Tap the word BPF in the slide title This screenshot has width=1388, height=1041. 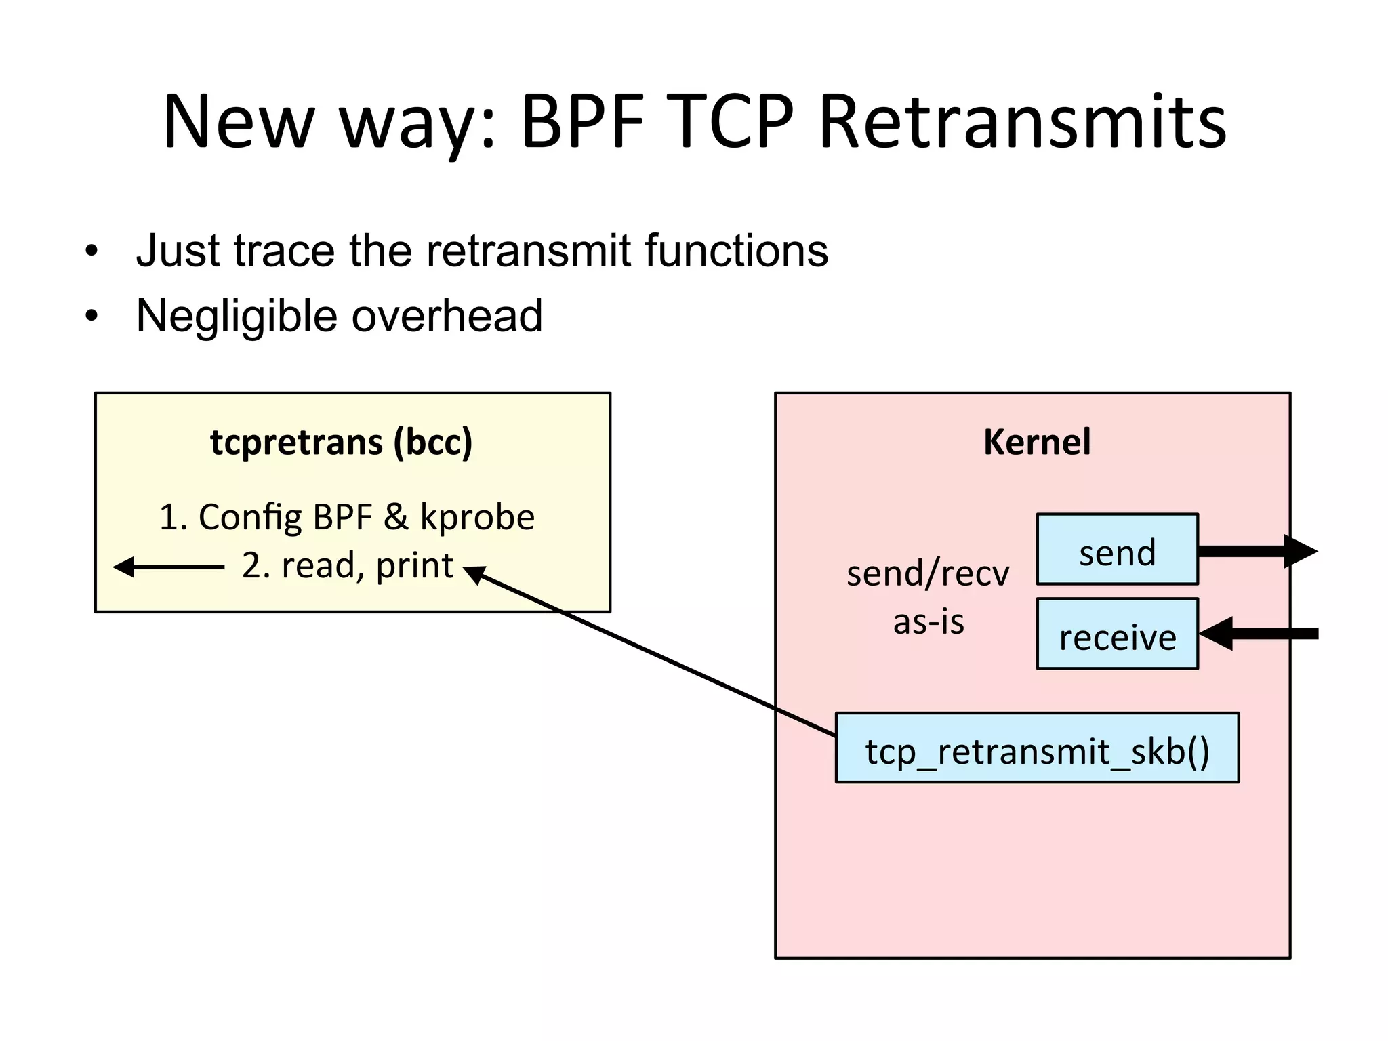point(582,122)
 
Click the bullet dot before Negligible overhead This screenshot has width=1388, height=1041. point(91,316)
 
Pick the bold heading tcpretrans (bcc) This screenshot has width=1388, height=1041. point(341,442)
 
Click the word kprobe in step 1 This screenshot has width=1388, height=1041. point(477,517)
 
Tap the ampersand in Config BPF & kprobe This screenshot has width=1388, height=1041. point(396,517)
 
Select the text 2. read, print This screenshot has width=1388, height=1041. point(347,566)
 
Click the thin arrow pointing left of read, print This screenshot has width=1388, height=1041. point(168,567)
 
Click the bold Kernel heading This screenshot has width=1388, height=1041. point(1036,442)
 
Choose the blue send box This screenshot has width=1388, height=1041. point(1117,550)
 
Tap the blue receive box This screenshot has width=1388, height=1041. point(1117,634)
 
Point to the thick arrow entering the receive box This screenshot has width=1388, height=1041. point(1257,634)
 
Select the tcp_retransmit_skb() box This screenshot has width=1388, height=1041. point(1036,748)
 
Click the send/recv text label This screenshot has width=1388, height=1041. point(927,573)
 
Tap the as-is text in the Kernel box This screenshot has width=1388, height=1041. point(928,621)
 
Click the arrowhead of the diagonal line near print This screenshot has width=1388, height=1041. point(474,574)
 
